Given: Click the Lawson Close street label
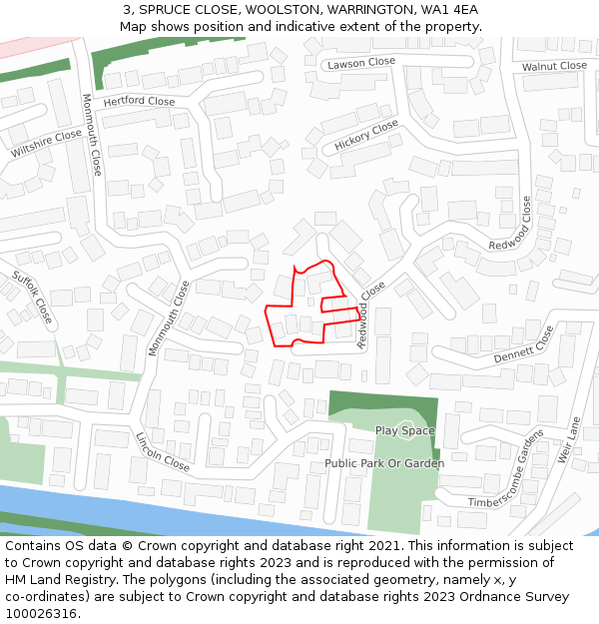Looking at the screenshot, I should (x=361, y=63).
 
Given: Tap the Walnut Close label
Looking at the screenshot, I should (x=554, y=66).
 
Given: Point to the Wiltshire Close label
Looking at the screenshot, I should (x=47, y=144).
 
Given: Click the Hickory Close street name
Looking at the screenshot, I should (x=366, y=135).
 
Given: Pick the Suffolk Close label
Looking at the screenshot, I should (x=32, y=297).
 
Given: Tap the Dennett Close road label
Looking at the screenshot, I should (x=523, y=344).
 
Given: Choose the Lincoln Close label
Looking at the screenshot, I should (x=162, y=452).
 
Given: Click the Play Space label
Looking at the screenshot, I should (x=404, y=430).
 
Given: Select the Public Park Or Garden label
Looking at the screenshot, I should (x=384, y=463).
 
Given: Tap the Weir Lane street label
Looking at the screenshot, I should (x=570, y=440).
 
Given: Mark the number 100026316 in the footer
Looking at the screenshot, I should (x=40, y=613).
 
